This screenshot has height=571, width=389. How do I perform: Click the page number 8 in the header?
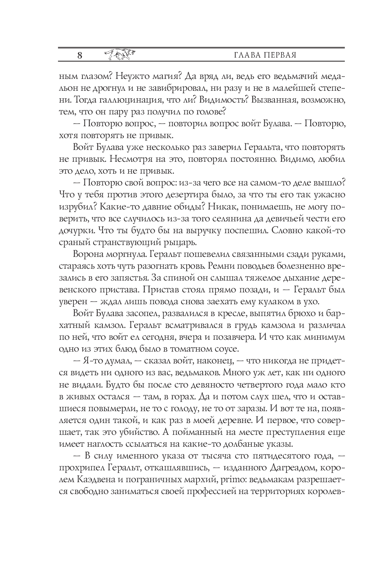click(x=80, y=55)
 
